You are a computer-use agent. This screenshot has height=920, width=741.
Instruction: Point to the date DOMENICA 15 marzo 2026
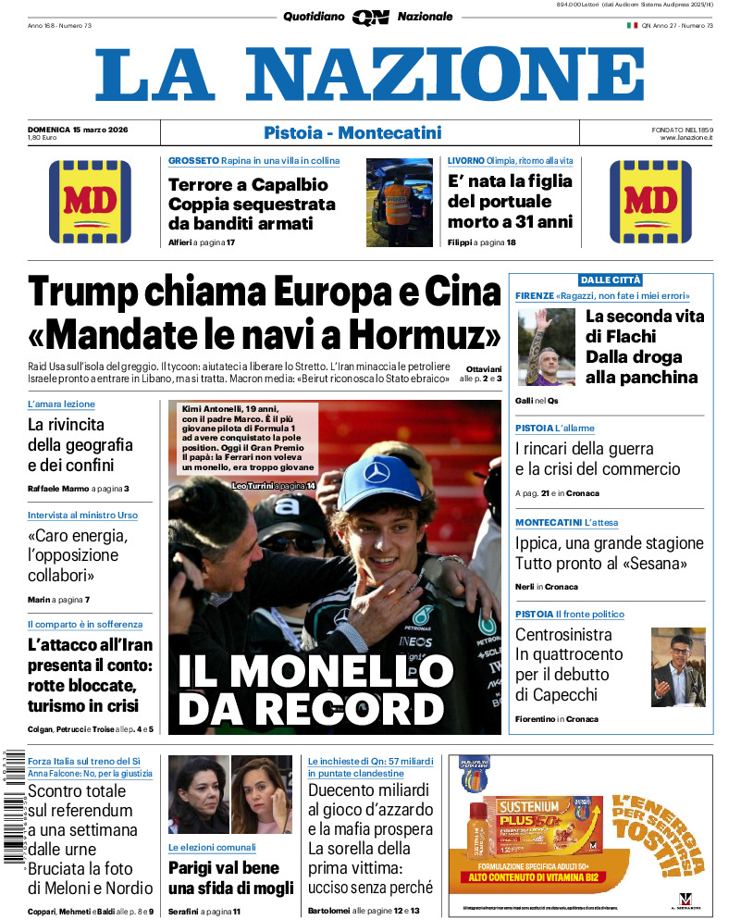[x=78, y=129]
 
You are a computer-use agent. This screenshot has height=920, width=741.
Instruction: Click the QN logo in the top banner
[x=370, y=17]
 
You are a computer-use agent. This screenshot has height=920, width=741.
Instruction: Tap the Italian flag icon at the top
[x=633, y=25]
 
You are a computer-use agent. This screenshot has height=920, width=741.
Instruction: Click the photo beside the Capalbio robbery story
[x=399, y=202]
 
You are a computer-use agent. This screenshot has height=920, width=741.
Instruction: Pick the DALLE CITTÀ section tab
[x=610, y=280]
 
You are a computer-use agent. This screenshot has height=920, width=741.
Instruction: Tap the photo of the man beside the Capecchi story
[x=678, y=666]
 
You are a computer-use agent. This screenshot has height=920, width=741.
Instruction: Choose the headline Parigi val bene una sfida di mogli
[x=230, y=877]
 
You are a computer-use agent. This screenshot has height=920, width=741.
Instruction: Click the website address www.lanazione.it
[x=686, y=138]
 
